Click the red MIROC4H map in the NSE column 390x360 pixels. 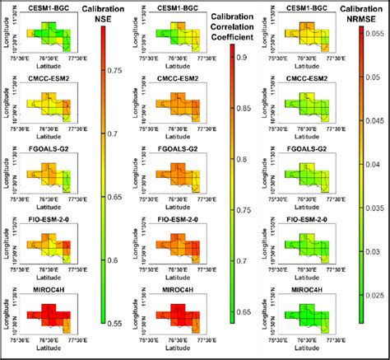point(48,316)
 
